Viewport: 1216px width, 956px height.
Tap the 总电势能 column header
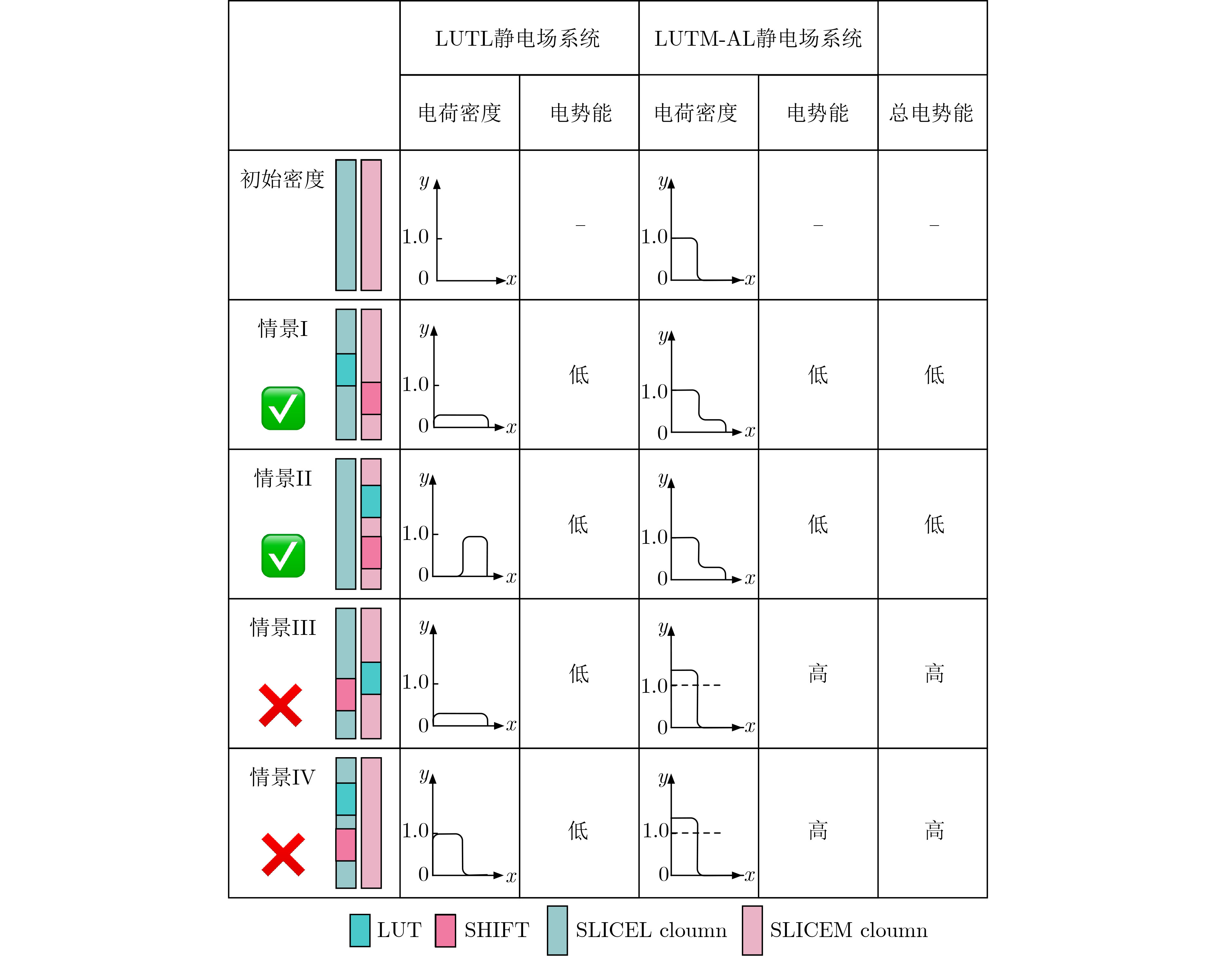click(931, 113)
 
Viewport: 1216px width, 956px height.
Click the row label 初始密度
click(282, 179)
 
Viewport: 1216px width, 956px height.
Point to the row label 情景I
click(282, 329)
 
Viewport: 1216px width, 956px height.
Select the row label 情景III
click(282, 627)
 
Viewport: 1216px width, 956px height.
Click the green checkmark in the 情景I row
click(283, 408)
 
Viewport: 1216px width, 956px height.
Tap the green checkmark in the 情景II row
click(283, 556)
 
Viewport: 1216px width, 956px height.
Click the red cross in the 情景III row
click(281, 705)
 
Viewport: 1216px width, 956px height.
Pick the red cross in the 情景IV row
click(283, 855)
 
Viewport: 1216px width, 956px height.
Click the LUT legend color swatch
click(360, 930)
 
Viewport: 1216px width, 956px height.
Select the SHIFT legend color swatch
click(446, 930)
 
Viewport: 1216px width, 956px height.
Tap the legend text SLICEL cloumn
click(651, 930)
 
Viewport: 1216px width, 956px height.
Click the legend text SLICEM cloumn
click(848, 930)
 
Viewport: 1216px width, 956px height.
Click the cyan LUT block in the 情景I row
click(346, 369)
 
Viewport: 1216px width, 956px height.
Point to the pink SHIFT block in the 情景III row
click(346, 695)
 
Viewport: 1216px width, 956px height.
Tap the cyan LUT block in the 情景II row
click(371, 501)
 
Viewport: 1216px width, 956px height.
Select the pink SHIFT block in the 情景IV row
click(346, 845)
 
